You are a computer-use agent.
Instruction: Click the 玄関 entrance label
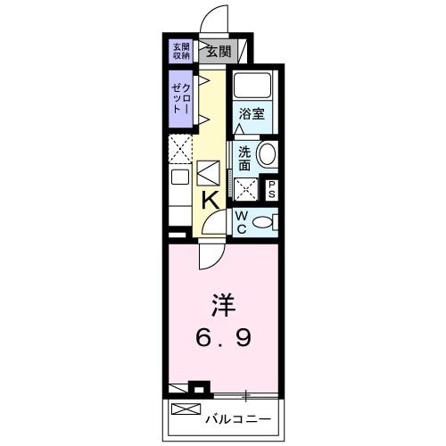click(218, 50)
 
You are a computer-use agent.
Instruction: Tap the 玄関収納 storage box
click(181, 50)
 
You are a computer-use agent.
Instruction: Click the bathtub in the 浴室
click(252, 87)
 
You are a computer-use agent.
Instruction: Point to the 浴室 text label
click(252, 114)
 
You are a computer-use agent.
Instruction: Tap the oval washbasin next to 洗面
click(266, 154)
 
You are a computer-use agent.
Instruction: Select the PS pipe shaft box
click(271, 190)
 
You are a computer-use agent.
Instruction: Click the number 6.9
click(223, 340)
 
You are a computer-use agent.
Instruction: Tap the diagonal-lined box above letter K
click(208, 170)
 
